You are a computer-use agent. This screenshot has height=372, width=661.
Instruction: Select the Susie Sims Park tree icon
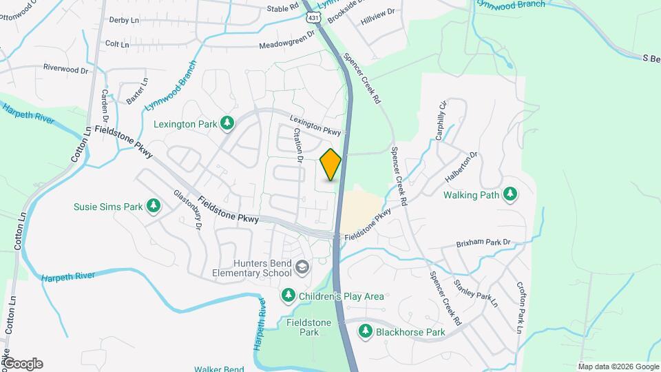tap(154, 206)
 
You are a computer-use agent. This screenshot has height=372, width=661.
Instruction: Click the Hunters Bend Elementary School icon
tap(302, 267)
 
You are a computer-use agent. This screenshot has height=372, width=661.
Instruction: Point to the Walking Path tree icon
tap(510, 195)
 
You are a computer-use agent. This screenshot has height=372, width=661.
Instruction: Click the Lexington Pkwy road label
tap(315, 124)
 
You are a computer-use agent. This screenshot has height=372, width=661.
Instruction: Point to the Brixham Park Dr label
tap(484, 243)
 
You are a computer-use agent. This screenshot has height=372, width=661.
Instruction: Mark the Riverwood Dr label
tap(66, 69)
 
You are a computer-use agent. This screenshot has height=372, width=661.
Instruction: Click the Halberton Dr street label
tap(461, 167)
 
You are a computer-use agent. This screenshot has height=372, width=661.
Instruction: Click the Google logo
tap(22, 364)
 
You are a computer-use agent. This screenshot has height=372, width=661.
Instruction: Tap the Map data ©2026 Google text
tap(618, 366)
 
